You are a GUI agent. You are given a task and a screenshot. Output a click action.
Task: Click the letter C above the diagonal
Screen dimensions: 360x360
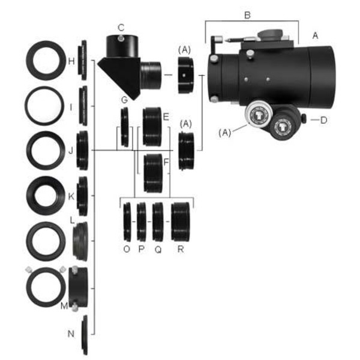coord(121,27)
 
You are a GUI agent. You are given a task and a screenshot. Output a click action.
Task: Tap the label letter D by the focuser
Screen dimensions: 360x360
coord(323,120)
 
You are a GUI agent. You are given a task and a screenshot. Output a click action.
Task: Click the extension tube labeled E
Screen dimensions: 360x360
coord(152,127)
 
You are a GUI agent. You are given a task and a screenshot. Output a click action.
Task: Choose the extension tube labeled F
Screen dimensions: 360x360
coord(154,172)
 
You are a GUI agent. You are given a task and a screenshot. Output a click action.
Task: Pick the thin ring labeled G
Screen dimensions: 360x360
coord(125,127)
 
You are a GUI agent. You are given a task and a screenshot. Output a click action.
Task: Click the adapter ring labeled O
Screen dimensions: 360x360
coord(127,221)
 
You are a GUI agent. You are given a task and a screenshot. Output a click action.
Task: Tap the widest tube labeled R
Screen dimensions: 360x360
coord(180,221)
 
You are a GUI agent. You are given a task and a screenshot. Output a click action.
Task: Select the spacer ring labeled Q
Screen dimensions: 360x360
coord(158,221)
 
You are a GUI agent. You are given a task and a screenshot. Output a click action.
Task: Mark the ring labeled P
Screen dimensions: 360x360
coord(142,221)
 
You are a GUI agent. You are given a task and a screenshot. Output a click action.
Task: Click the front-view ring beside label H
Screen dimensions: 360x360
coord(47,61)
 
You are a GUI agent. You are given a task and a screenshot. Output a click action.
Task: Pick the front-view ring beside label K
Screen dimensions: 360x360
coord(47,196)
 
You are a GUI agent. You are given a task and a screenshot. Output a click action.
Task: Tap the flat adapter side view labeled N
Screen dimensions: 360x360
coord(86,334)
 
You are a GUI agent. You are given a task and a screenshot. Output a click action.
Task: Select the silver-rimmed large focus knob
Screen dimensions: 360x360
coord(257,115)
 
